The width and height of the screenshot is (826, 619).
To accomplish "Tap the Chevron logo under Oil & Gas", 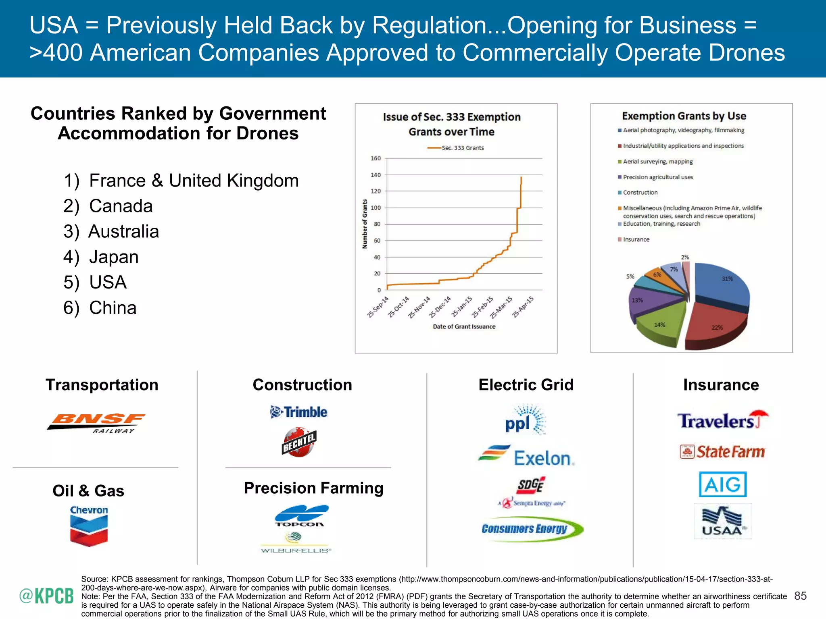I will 89,526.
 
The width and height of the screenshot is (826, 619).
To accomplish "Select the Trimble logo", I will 299,412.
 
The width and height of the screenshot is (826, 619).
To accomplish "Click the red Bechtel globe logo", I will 299,442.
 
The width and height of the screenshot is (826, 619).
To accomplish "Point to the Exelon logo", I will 526,456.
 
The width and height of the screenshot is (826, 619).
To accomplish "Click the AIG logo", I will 722,484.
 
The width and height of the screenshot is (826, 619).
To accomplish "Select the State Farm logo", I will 722,452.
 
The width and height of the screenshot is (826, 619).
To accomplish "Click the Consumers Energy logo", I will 532,529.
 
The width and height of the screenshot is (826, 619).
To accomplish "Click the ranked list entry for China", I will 100,308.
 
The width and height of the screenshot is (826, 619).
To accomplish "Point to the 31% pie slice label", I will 727,279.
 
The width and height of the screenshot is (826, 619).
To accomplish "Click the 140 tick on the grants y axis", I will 375,175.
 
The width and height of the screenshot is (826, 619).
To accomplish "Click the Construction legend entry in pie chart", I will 640,193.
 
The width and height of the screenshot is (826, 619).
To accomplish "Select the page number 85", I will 800,596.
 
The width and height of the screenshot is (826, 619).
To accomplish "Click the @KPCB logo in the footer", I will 46,596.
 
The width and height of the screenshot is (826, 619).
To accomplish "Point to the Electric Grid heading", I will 526,385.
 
